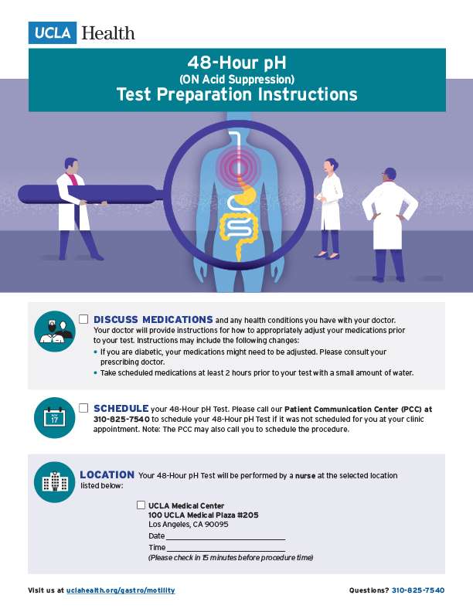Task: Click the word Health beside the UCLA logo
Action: coord(107,33)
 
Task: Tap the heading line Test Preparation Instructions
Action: coord(236,94)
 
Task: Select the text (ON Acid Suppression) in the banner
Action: coord(236,78)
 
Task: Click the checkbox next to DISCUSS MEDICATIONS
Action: coord(83,319)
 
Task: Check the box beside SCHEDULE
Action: coord(83,407)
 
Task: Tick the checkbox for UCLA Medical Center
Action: coord(141,505)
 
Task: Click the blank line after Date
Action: coord(225,536)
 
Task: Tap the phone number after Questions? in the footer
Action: coord(418,590)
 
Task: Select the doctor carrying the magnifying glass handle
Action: coord(77,206)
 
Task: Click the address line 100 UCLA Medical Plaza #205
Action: coord(203,515)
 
